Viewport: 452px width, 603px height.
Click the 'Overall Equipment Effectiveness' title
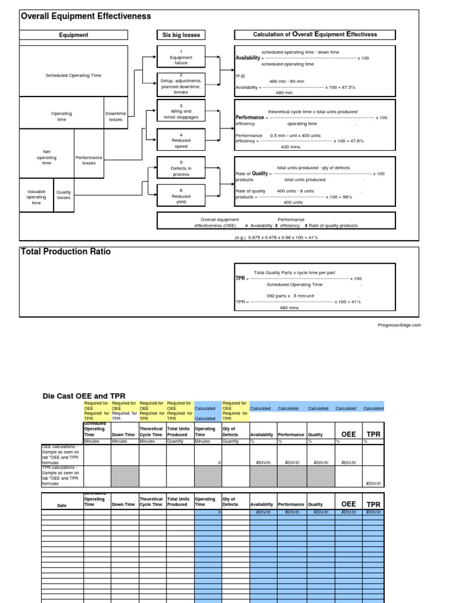[86, 16]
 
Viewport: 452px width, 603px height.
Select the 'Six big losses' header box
[181, 35]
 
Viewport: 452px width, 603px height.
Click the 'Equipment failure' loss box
[181, 57]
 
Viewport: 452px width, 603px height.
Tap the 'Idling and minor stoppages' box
[181, 111]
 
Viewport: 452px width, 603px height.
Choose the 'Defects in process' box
[181, 168]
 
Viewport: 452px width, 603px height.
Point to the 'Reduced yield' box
[181, 196]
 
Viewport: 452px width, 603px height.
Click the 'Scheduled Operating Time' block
[74, 75]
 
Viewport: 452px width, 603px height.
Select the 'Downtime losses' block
[115, 117]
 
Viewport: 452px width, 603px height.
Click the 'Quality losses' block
[64, 195]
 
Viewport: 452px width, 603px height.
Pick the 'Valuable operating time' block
[36, 197]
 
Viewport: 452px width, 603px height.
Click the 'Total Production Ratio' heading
[66, 251]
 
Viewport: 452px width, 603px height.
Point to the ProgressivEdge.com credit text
[400, 324]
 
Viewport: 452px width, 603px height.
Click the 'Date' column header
[62, 505]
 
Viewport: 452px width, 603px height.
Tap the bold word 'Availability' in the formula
[247, 58]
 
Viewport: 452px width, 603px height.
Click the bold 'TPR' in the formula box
[240, 278]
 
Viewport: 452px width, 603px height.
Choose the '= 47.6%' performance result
[351, 141]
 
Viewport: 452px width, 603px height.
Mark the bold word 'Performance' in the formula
[250, 118]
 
